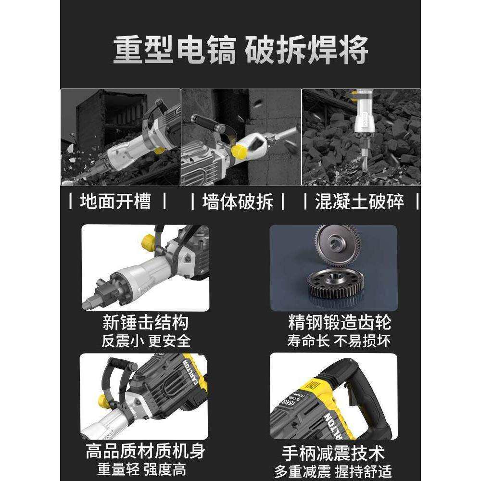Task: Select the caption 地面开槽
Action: pyautogui.click(x=115, y=201)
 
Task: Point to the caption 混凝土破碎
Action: pyautogui.click(x=360, y=201)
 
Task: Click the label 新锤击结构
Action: pyautogui.click(x=145, y=322)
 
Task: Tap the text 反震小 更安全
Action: pyautogui.click(x=146, y=341)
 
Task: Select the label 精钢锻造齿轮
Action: pyautogui.click(x=340, y=322)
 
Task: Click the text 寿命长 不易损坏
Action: pyautogui.click(x=339, y=341)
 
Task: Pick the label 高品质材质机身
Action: pyautogui.click(x=145, y=451)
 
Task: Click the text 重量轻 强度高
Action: pyautogui.click(x=145, y=469)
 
